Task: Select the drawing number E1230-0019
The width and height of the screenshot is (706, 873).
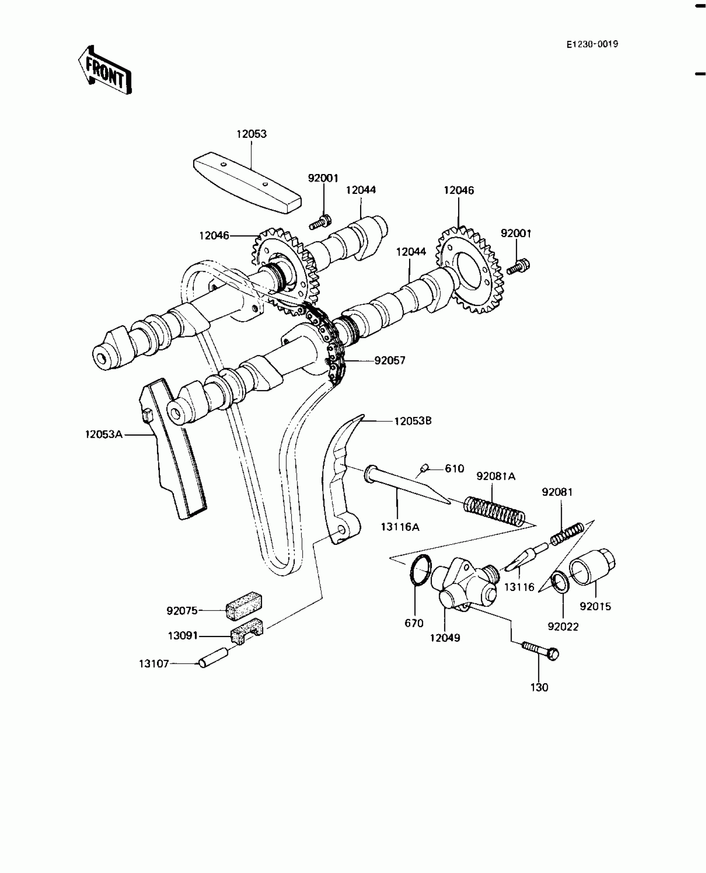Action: (x=593, y=44)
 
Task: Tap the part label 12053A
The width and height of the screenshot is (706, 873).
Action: (x=104, y=434)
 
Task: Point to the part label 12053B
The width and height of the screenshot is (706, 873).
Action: (x=413, y=421)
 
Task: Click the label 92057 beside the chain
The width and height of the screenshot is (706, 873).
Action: (x=390, y=360)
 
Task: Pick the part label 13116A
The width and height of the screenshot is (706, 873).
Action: (x=400, y=527)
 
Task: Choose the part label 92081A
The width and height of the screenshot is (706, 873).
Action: (x=496, y=476)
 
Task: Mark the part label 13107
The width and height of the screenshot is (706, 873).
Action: (x=154, y=664)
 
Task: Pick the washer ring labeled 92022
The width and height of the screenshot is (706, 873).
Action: (x=560, y=583)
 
